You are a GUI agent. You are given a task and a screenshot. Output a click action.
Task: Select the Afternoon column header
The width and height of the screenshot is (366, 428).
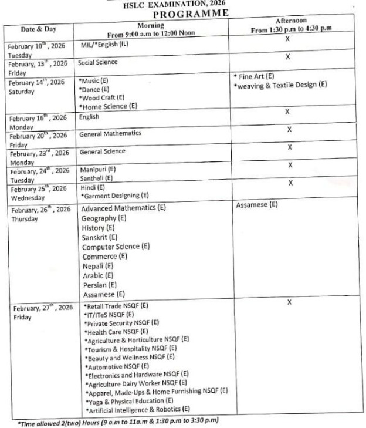click(x=289, y=25)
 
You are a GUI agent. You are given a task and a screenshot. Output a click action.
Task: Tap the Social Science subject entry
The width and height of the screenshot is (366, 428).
click(x=99, y=62)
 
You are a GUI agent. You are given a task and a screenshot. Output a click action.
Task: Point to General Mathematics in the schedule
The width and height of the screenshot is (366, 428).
click(x=110, y=133)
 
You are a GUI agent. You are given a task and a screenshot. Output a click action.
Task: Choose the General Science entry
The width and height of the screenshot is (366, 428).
click(x=102, y=151)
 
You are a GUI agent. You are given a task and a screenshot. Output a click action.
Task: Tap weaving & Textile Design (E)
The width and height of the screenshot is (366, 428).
click(x=280, y=86)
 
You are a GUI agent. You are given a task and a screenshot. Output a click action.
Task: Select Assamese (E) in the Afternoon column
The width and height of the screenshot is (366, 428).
click(x=257, y=205)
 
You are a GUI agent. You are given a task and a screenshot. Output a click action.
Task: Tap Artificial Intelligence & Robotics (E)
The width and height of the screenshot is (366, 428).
click(x=137, y=409)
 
